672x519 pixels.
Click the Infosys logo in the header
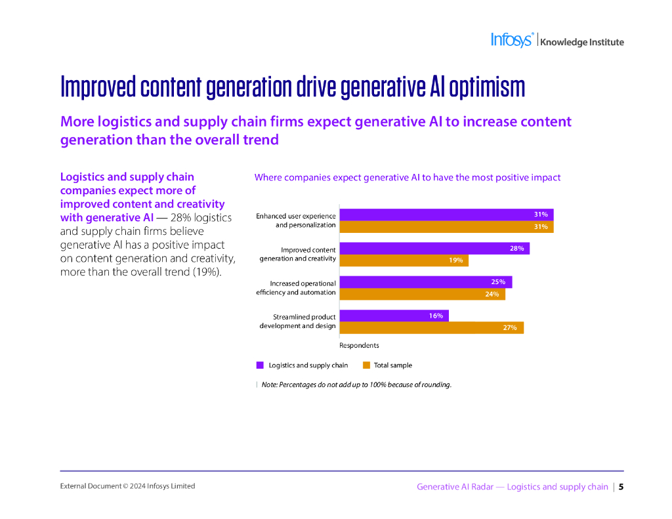click(x=513, y=40)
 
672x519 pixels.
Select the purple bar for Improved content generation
click(x=434, y=248)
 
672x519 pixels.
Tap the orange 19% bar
click(x=404, y=260)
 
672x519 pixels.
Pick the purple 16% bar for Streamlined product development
click(x=394, y=316)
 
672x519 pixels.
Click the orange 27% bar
click(x=431, y=327)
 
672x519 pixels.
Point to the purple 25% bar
click(x=425, y=282)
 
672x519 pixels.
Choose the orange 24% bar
click(x=422, y=294)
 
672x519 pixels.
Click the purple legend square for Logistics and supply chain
click(x=260, y=365)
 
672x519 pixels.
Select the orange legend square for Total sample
click(x=366, y=365)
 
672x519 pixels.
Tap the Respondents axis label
click(x=359, y=345)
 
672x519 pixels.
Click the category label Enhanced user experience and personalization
click(x=296, y=220)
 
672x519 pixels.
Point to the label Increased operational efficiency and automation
click(x=296, y=288)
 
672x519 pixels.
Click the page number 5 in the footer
click(x=621, y=487)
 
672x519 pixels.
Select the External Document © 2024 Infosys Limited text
click(x=127, y=486)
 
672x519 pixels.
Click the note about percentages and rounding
click(x=356, y=384)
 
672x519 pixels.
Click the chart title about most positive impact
click(x=407, y=177)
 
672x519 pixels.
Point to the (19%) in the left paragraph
click(x=207, y=272)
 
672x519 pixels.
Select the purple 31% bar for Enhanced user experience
click(x=446, y=215)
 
